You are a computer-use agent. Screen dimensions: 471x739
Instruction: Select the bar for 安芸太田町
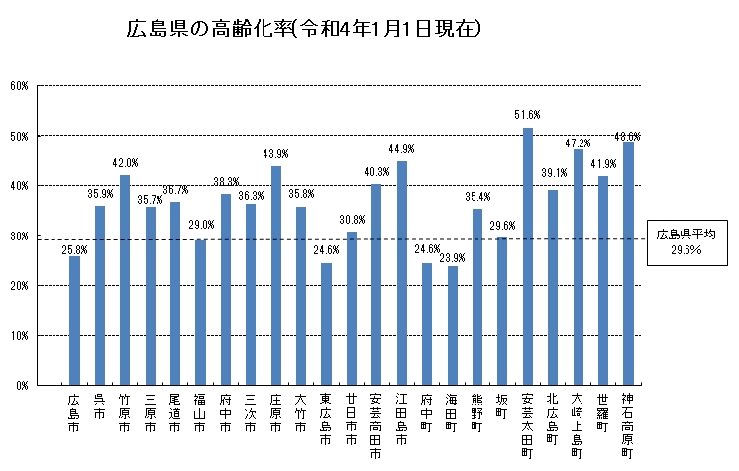tap(528, 255)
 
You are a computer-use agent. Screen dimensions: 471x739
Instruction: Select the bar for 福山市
tap(200, 313)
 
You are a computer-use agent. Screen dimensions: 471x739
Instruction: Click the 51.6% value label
tap(527, 115)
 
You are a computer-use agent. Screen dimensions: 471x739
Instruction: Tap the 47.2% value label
tap(578, 142)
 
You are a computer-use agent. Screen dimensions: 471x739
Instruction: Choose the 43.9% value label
tap(276, 154)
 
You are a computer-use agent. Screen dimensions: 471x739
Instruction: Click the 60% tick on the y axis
tap(18, 85)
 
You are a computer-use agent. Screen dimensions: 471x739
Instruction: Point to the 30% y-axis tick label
tap(18, 235)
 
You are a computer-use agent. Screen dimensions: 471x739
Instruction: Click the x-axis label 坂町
tap(502, 412)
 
